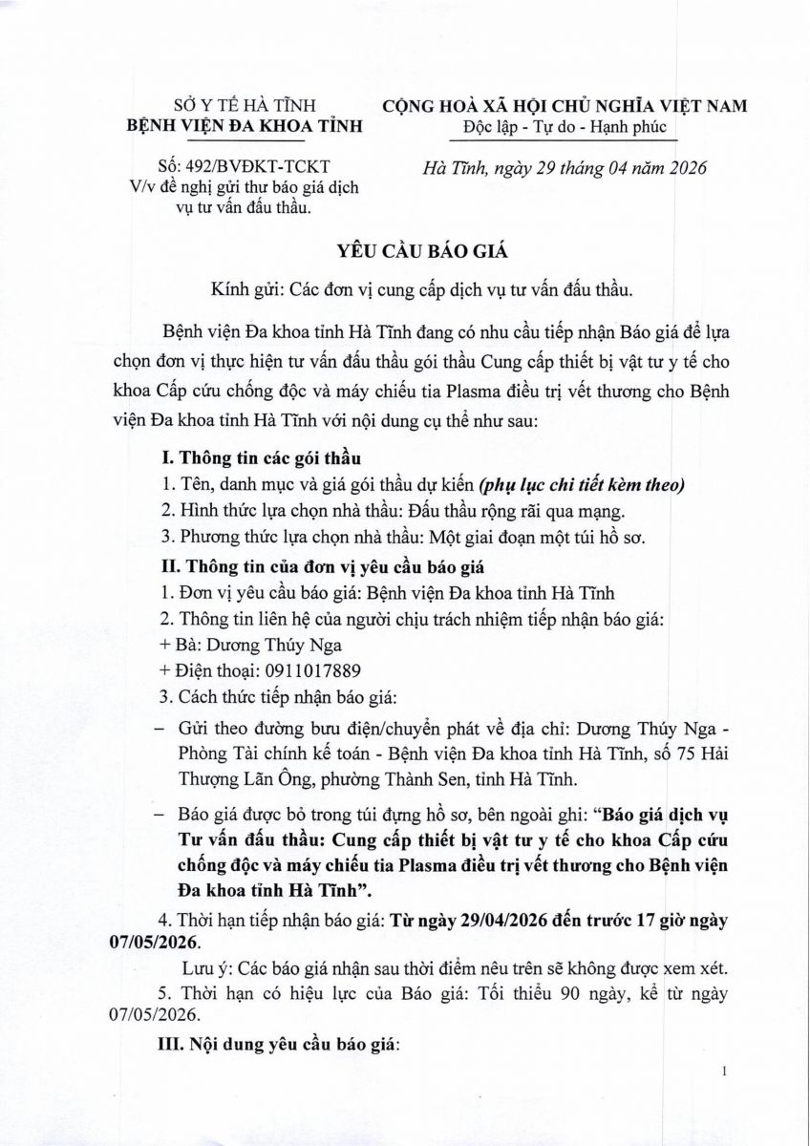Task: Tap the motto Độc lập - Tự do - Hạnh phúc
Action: click(565, 127)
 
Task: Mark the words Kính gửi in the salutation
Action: click(245, 288)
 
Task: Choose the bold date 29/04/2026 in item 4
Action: click(479, 922)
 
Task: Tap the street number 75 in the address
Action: click(666, 754)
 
